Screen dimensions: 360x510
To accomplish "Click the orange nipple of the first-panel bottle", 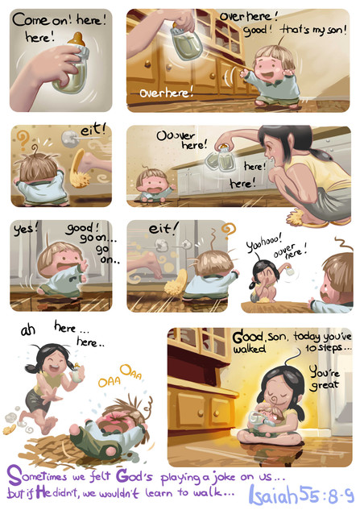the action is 77,39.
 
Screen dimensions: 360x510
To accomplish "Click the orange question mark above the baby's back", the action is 22,139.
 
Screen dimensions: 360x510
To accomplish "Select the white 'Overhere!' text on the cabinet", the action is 166,93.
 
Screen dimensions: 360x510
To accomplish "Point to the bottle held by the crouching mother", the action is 221,159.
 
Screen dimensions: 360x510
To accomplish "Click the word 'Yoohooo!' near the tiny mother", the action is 264,242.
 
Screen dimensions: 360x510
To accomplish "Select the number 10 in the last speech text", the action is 311,348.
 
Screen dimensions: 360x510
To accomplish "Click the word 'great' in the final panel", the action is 325,385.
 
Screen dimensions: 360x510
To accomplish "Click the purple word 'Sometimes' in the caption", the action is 36,476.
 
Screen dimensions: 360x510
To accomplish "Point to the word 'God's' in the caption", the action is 134,476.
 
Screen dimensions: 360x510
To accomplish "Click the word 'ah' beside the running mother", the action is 28,330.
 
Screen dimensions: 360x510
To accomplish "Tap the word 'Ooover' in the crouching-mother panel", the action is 176,135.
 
